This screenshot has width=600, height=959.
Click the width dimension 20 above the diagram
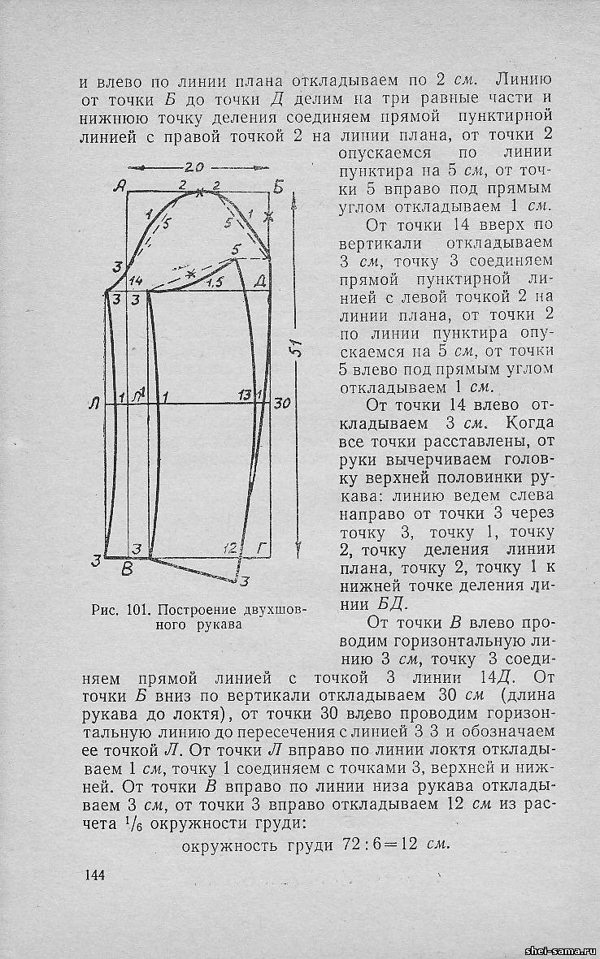click(194, 167)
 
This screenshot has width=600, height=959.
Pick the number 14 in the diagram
click(136, 280)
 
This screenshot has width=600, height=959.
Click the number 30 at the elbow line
click(282, 403)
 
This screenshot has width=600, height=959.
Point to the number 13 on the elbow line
click(244, 395)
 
